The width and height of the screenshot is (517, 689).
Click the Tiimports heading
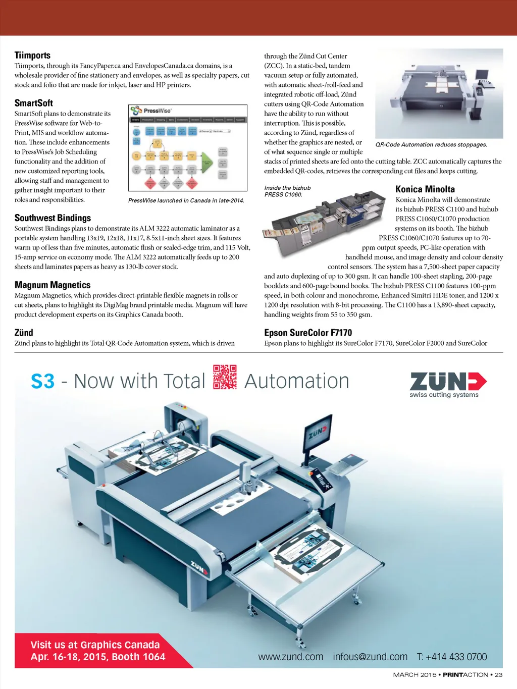click(x=32, y=55)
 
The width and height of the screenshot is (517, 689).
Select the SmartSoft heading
click(x=33, y=103)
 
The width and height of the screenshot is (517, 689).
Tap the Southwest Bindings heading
click(x=53, y=218)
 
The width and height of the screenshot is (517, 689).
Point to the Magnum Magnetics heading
click(x=53, y=285)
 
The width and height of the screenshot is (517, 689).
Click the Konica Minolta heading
click(x=425, y=189)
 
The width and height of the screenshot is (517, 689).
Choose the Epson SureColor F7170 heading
click(x=308, y=333)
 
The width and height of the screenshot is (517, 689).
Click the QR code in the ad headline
click(x=225, y=377)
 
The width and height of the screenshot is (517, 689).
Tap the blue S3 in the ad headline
click(x=42, y=381)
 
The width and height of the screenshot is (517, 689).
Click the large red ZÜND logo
click(x=448, y=381)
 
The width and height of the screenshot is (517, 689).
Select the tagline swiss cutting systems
click(x=444, y=395)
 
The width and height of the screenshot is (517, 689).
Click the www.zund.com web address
click(x=290, y=657)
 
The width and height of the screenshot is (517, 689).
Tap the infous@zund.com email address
click(x=370, y=657)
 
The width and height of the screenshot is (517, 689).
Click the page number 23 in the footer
click(x=498, y=675)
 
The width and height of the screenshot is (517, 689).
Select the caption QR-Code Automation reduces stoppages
click(x=431, y=145)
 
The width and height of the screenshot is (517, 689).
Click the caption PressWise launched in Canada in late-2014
click(x=186, y=200)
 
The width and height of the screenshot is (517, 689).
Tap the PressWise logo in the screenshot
click(x=151, y=111)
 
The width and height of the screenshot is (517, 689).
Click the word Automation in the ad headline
click(x=297, y=381)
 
